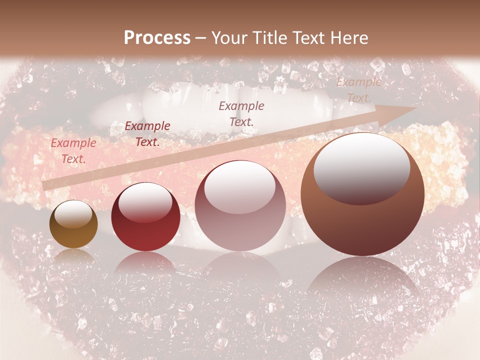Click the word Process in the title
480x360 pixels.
pyautogui.click(x=157, y=38)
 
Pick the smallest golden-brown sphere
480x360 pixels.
pyautogui.click(x=73, y=224)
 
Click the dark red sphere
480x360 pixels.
pyautogui.click(x=145, y=216)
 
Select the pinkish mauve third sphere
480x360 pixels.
pyautogui.click(x=240, y=205)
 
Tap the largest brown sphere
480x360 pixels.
pyautogui.click(x=362, y=194)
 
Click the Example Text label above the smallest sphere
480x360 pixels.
pyautogui.click(x=73, y=151)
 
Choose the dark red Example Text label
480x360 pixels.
pyautogui.click(x=147, y=134)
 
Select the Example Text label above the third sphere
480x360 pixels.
pyautogui.click(x=241, y=113)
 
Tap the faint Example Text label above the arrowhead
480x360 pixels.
pyautogui.click(x=358, y=90)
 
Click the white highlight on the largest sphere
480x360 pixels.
pyautogui.click(x=361, y=165)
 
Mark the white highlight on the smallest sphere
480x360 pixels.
pyautogui.click(x=73, y=214)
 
